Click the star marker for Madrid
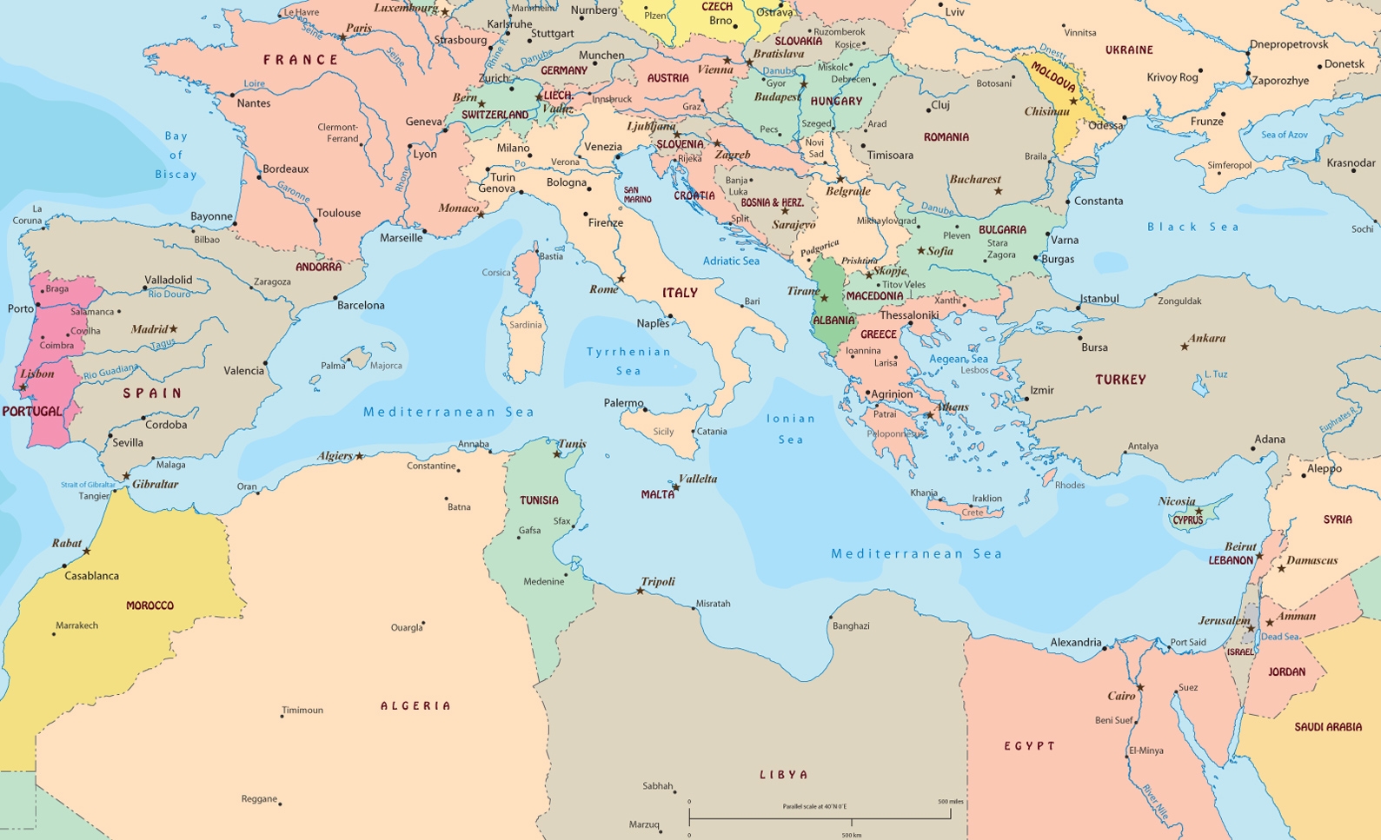pyautogui.click(x=173, y=329)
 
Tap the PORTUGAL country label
pyautogui.click(x=32, y=411)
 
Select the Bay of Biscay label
pyautogui.click(x=176, y=155)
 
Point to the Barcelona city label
pyautogui.click(x=361, y=305)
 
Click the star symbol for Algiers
pyautogui.click(x=359, y=456)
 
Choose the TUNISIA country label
pyautogui.click(x=539, y=500)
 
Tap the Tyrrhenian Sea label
pyautogui.click(x=628, y=360)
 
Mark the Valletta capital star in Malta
pyautogui.click(x=675, y=488)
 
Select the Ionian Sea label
pyautogui.click(x=791, y=428)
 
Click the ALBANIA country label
pyautogui.click(x=833, y=321)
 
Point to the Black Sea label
pyautogui.click(x=1192, y=227)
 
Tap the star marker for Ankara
pyautogui.click(x=1184, y=347)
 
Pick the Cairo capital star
pyautogui.click(x=1140, y=687)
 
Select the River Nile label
pyautogui.click(x=1156, y=803)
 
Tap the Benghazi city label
pyautogui.click(x=851, y=625)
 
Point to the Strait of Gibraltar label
pyautogui.click(x=88, y=485)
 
